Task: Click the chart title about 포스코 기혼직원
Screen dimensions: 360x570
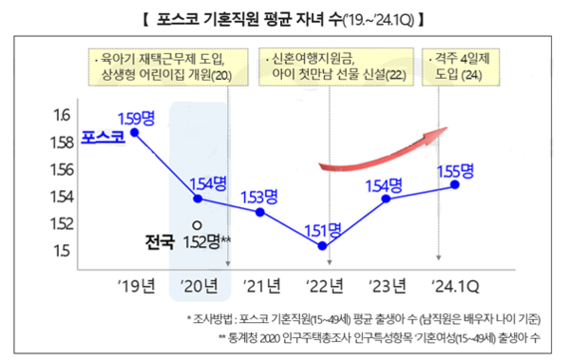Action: click(x=285, y=18)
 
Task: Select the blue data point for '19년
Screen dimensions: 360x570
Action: click(x=135, y=133)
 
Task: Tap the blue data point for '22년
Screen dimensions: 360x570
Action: click(x=323, y=246)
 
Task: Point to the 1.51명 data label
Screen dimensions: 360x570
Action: click(x=322, y=230)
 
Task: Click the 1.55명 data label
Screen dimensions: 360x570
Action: click(x=455, y=170)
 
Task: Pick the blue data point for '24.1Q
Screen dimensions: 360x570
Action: click(x=455, y=184)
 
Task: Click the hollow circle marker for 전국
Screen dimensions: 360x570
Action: click(x=196, y=225)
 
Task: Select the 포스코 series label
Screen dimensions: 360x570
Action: click(x=102, y=139)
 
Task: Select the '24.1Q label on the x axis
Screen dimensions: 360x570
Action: click(x=455, y=283)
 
